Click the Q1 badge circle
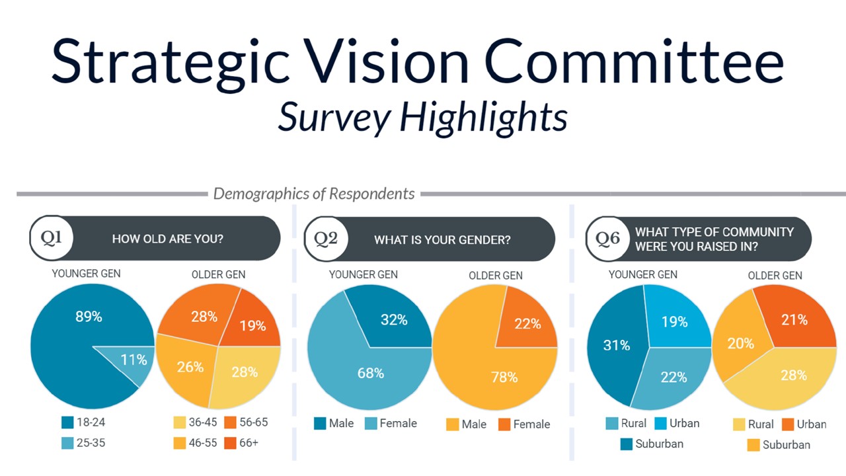pos(52,238)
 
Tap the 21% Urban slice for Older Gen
pos(794,319)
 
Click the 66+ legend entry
pos(241,443)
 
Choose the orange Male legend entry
pos(467,424)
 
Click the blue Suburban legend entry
pos(652,444)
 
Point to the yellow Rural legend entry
pos(753,424)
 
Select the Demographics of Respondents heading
pos(314,194)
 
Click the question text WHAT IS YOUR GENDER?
pos(442,239)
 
